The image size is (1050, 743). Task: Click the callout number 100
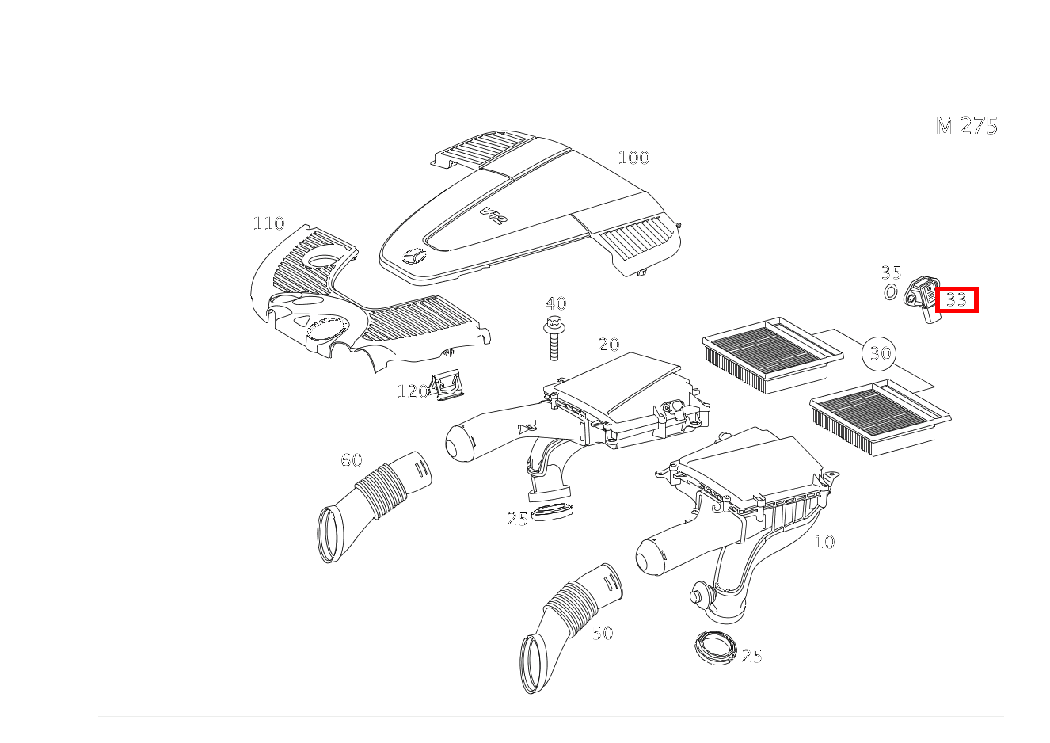coord(633,158)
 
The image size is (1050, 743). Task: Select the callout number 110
coord(268,223)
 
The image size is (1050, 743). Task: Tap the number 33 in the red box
coord(957,299)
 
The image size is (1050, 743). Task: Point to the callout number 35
coord(891,272)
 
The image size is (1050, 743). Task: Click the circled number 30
coord(879,353)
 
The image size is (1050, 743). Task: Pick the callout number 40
coord(556,303)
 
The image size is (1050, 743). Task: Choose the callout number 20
coord(609,345)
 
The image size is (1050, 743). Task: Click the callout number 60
coord(352,460)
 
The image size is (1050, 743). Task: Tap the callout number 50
coord(603,633)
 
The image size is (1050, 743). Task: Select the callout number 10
coord(824,542)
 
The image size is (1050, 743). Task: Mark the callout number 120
coord(413,391)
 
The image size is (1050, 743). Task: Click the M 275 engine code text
coord(967,126)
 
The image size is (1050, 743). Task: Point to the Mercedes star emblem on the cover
coord(413,256)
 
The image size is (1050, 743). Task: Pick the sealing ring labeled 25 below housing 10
coord(715,648)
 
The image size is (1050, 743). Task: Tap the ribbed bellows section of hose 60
coord(381,491)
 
